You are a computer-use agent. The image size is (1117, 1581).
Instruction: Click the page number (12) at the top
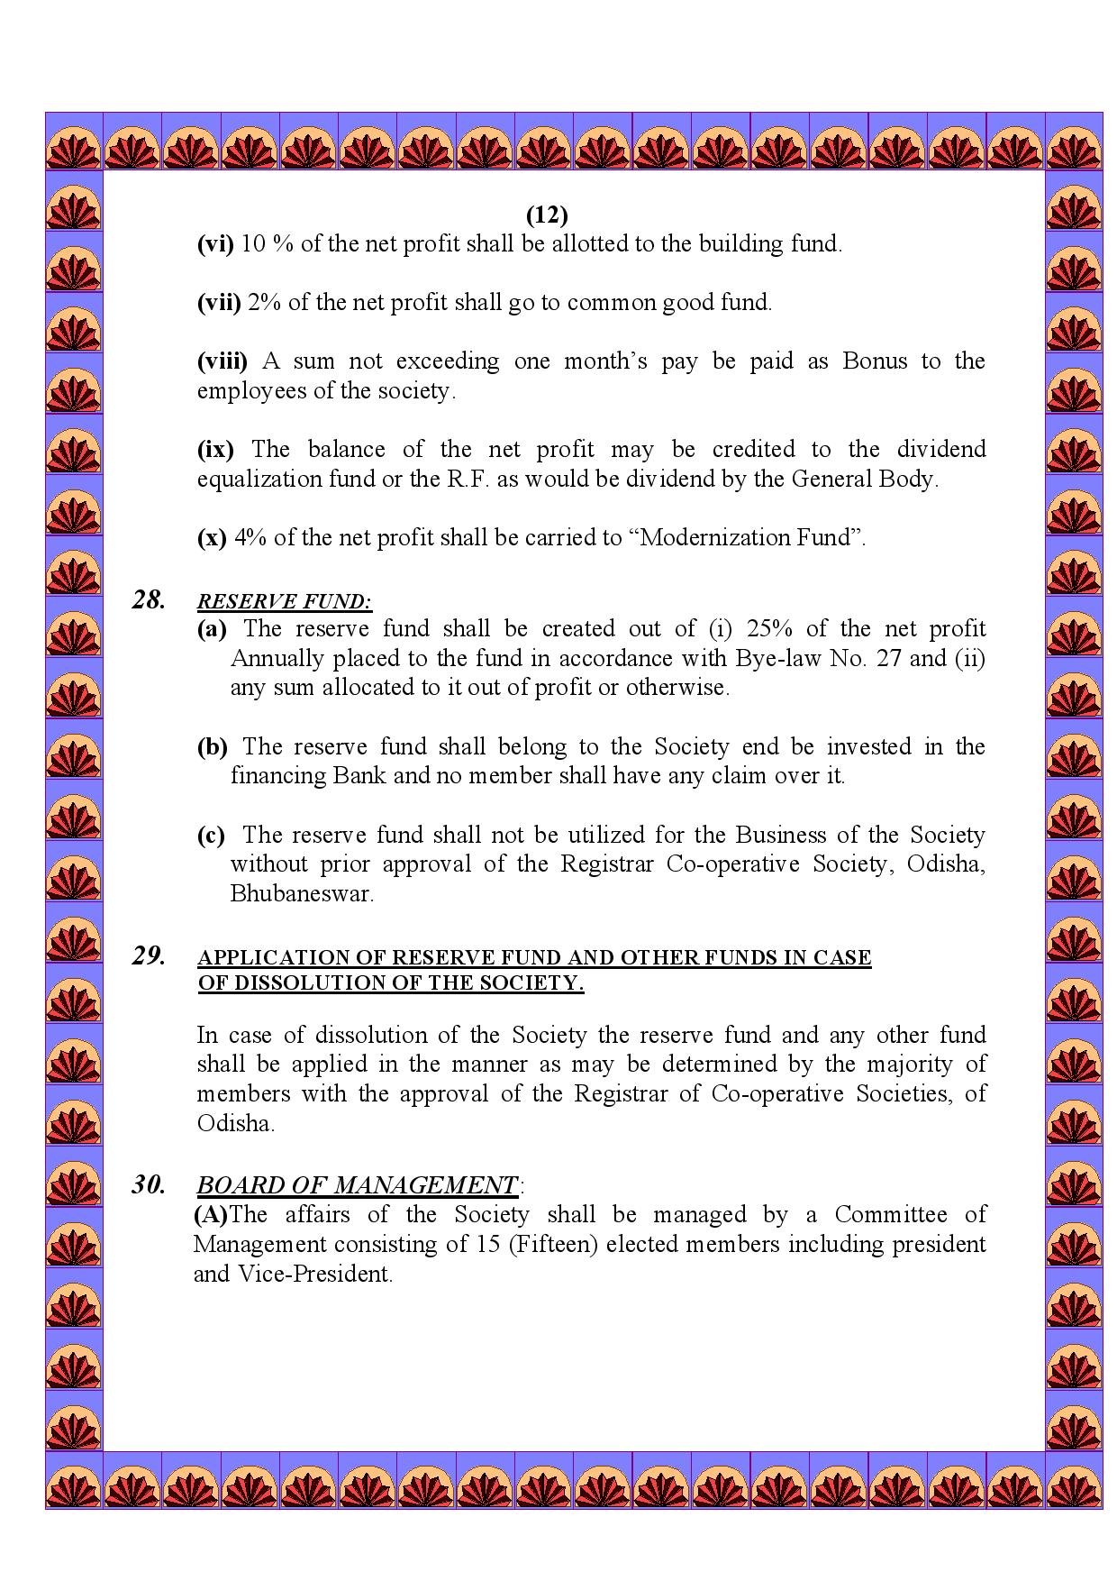[547, 215]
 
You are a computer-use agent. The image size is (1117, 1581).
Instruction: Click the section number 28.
[149, 599]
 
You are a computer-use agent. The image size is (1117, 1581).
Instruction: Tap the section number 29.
[149, 955]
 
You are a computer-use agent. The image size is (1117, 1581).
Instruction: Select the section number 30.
[149, 1184]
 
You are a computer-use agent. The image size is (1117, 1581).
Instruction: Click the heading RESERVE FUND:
[285, 601]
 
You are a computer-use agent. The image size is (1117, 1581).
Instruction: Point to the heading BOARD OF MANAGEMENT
[358, 1185]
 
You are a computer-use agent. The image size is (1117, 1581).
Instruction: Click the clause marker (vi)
[215, 243]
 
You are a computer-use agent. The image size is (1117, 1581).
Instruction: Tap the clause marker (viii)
[222, 361]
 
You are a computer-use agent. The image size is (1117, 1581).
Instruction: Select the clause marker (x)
[212, 538]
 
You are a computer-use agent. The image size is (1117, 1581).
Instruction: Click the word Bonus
[875, 361]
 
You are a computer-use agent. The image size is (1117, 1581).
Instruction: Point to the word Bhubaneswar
[302, 894]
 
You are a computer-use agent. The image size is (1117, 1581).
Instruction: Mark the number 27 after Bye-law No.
[889, 658]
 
